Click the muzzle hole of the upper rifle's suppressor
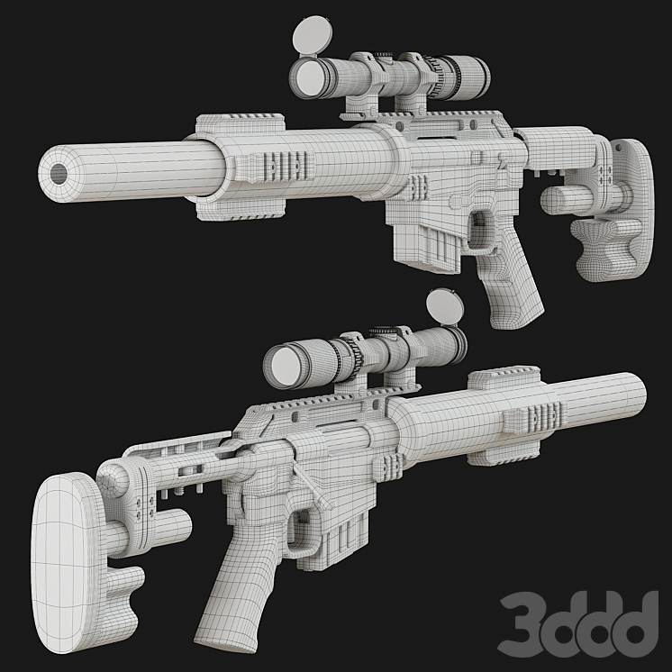click(59, 173)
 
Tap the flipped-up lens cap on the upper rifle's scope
click(313, 35)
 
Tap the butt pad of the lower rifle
click(67, 561)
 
